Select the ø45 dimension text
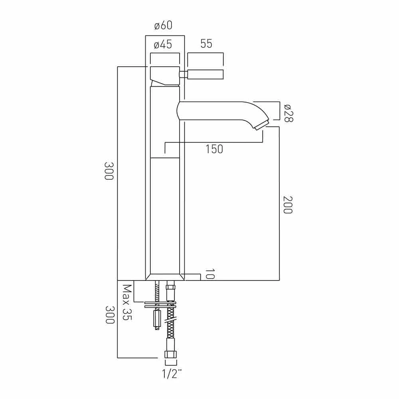pyautogui.click(x=163, y=45)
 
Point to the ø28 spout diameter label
pyautogui.click(x=288, y=113)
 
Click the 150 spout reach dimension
pyautogui.click(x=214, y=149)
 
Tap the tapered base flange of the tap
pyautogui.click(x=165, y=277)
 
